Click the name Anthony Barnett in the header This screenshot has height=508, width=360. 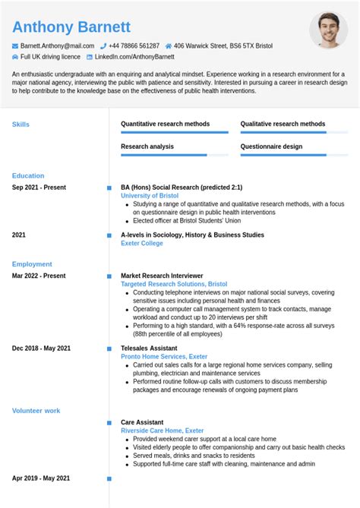(x=71, y=27)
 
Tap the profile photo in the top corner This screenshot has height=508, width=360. (x=328, y=30)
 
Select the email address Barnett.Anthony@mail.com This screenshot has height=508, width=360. (x=57, y=46)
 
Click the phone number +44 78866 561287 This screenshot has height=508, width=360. (x=134, y=46)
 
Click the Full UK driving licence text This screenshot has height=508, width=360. (x=50, y=56)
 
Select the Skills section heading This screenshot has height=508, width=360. (x=21, y=124)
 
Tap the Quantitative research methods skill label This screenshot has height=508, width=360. (x=166, y=124)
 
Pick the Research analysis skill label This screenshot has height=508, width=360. (x=147, y=147)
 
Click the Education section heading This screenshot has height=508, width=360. (x=28, y=175)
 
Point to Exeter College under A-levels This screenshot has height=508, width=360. (x=142, y=243)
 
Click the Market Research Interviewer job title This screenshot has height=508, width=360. (x=162, y=276)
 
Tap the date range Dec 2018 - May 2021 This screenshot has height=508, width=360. (x=41, y=348)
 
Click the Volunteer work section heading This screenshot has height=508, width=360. (x=36, y=411)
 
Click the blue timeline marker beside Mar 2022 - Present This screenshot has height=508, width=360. (x=109, y=276)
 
